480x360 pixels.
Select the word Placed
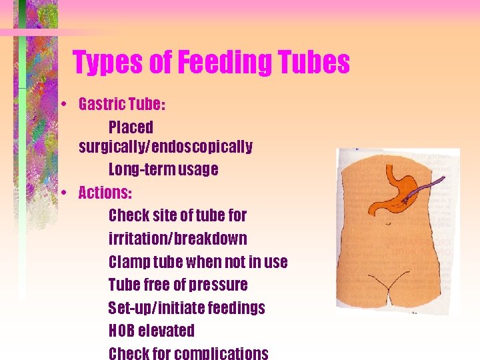tap(131, 127)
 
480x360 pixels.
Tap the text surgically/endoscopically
tap(165, 147)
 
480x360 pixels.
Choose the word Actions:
tap(105, 193)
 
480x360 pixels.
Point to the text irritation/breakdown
tap(177, 239)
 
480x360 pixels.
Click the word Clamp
tap(129, 262)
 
